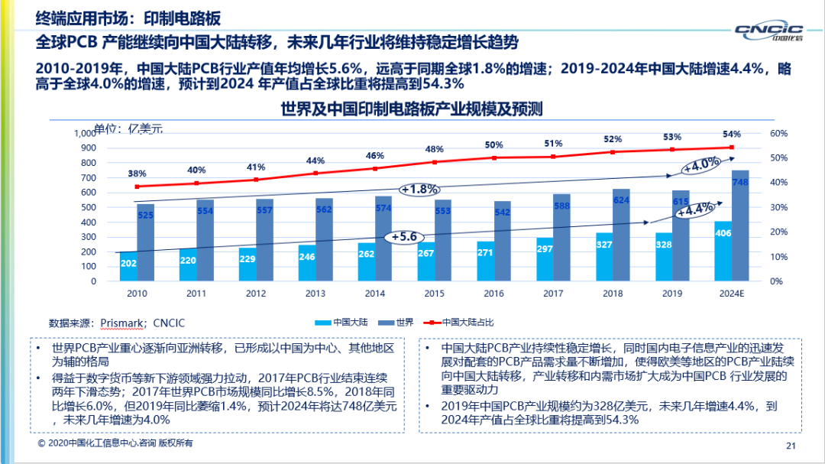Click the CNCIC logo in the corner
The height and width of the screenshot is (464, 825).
(x=768, y=31)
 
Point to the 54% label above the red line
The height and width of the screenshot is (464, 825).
(x=731, y=134)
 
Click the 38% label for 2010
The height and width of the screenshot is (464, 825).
(x=137, y=174)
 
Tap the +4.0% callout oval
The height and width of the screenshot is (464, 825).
(x=701, y=164)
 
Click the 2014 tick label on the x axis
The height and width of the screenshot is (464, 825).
(x=375, y=293)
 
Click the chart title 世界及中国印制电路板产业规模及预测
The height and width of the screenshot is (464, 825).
(x=411, y=109)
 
